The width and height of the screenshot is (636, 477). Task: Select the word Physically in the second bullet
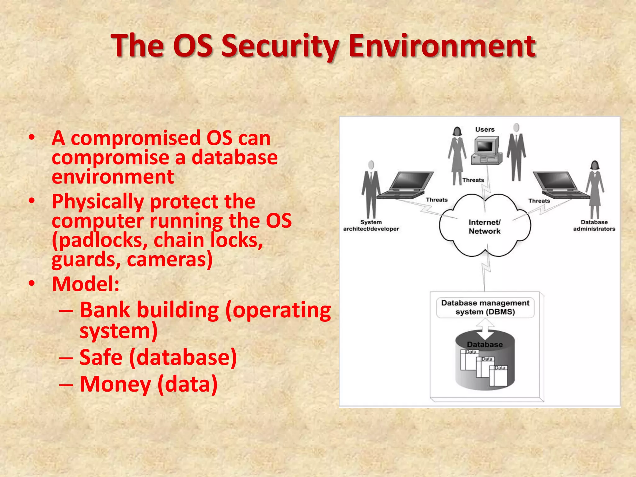point(97,202)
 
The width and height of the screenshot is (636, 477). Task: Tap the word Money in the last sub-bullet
point(115,384)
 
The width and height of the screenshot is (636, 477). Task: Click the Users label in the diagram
point(485,129)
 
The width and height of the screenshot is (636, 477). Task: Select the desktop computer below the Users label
point(487,151)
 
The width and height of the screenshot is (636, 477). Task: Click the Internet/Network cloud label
point(484,227)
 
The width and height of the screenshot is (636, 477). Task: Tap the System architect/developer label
point(371,225)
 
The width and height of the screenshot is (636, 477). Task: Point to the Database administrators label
point(594,225)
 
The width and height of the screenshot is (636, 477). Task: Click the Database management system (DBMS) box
point(485,307)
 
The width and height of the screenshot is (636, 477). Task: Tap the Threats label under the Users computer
point(473,180)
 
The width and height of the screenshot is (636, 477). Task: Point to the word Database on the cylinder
point(485,344)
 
